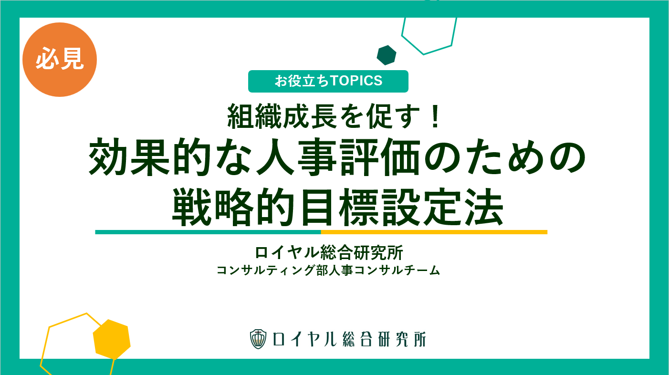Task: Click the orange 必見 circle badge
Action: tap(60, 60)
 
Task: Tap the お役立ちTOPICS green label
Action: tap(328, 81)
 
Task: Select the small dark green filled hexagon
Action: tap(387, 55)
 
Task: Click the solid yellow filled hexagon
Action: tap(112, 339)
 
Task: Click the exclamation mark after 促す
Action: tap(435, 116)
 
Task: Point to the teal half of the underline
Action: tap(208, 232)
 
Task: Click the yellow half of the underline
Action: tap(434, 232)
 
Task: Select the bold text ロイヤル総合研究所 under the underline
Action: tap(329, 252)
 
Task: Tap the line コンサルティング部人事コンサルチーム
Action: tap(328, 270)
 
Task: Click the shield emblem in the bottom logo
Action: tap(258, 339)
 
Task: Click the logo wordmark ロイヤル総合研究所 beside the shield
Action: tap(349, 339)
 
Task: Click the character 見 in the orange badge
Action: tap(72, 59)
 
